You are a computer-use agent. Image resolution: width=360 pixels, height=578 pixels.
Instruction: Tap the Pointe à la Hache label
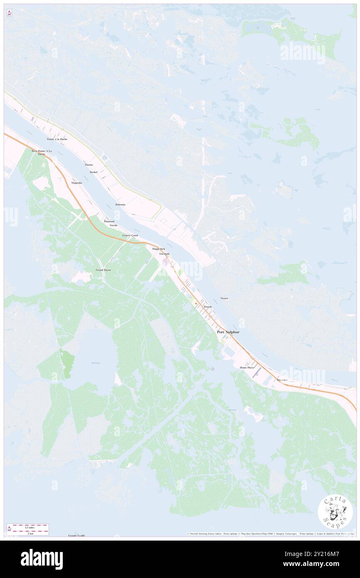tap(57, 139)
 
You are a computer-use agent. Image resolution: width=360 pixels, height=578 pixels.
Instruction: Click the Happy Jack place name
tap(158, 249)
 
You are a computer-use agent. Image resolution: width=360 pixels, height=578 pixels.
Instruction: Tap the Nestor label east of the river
tap(224, 298)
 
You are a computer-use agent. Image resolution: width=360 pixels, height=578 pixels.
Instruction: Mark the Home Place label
tap(247, 368)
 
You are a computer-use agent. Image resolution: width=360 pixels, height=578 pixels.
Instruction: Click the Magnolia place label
tap(76, 183)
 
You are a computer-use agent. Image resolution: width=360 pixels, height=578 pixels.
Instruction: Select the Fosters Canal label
tap(130, 235)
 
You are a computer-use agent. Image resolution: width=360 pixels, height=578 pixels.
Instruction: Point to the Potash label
tap(208, 307)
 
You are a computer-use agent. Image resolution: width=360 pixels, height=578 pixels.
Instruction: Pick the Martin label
tap(89, 165)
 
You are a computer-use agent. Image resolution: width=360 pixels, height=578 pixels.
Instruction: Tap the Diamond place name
tap(109, 221)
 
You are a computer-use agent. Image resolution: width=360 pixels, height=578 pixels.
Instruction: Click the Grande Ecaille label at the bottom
tap(76, 536)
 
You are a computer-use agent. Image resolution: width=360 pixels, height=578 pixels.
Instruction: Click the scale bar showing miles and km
tap(28, 529)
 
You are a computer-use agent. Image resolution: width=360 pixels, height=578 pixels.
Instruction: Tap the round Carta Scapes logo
tap(335, 513)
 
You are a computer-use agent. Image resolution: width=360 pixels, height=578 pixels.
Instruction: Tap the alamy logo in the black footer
tap(42, 559)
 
